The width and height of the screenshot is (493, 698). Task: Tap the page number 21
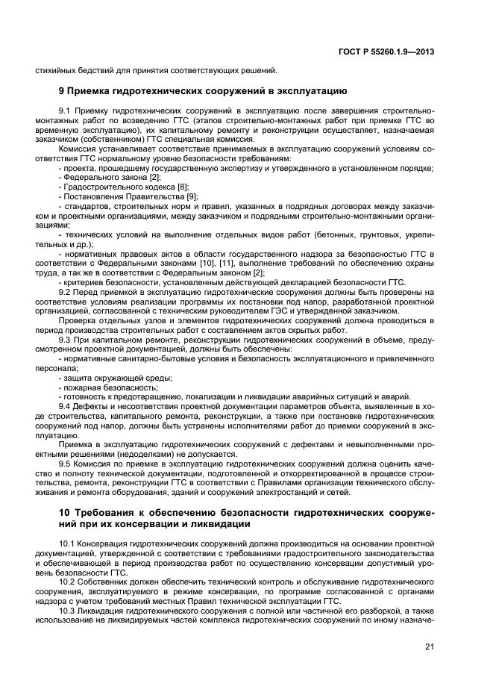430,646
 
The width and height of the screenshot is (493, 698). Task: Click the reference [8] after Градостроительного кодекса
182,186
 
